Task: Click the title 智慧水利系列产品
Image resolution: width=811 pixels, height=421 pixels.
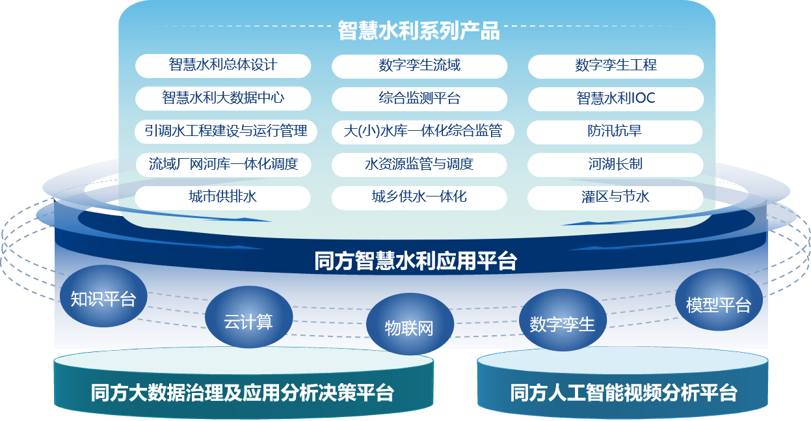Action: click(x=418, y=31)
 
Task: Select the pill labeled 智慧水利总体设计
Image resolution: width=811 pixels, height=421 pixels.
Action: click(x=223, y=66)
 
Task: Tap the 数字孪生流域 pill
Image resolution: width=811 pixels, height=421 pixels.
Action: click(x=419, y=66)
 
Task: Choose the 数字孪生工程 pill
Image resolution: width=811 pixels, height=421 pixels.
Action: click(x=616, y=66)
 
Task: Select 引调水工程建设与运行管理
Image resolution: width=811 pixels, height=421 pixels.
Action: click(x=226, y=131)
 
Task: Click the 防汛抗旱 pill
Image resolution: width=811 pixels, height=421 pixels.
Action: click(x=615, y=131)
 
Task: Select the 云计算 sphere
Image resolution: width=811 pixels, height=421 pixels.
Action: click(x=248, y=320)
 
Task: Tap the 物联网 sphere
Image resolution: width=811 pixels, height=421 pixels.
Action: click(x=409, y=327)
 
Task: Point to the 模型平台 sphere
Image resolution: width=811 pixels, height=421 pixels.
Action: click(x=719, y=303)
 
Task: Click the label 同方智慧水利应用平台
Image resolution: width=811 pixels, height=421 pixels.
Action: click(x=416, y=262)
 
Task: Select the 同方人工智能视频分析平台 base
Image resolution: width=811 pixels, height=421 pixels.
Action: click(x=623, y=392)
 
